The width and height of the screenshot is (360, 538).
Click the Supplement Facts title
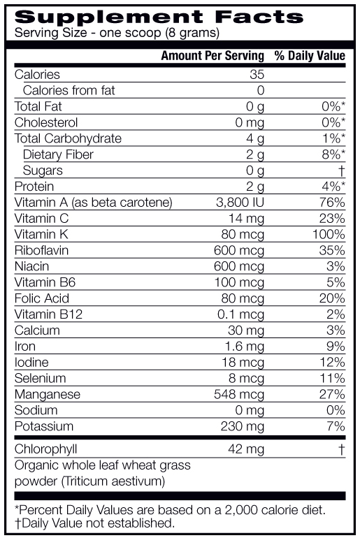click(x=159, y=17)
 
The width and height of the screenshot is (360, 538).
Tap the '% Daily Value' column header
click(x=310, y=56)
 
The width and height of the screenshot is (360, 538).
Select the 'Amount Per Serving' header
click(x=213, y=56)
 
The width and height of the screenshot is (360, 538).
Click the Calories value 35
click(x=257, y=75)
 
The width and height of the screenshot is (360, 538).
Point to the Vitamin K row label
click(x=41, y=234)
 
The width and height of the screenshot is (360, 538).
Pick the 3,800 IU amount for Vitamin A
click(x=240, y=203)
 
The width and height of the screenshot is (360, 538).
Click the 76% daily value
click(x=332, y=203)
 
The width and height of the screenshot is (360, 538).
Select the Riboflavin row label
click(x=41, y=250)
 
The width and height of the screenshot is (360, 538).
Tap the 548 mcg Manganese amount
click(x=239, y=395)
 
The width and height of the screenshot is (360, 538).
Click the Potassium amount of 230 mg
click(x=243, y=426)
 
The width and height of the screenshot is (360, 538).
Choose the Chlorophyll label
click(x=45, y=449)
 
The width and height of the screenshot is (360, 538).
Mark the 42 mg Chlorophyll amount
click(x=246, y=449)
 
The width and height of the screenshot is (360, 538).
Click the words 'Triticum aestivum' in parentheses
click(x=113, y=481)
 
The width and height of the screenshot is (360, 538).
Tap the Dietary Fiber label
click(x=58, y=154)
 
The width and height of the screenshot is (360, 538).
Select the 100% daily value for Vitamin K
click(x=329, y=234)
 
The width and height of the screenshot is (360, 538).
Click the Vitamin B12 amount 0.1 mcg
click(x=240, y=314)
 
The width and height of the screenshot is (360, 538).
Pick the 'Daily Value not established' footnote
click(x=94, y=523)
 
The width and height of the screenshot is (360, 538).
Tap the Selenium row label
click(x=40, y=379)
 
